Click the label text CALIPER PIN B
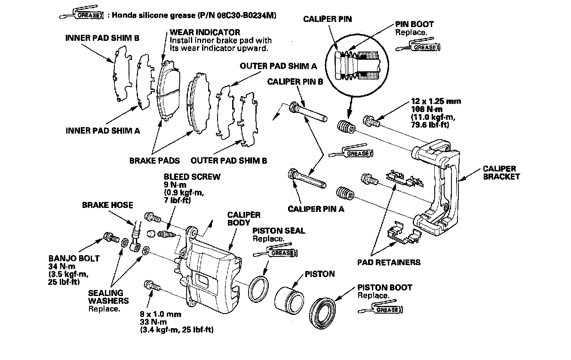pyautogui.click(x=295, y=82)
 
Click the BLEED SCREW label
pyautogui.click(x=192, y=177)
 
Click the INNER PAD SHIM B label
pyautogui.click(x=102, y=38)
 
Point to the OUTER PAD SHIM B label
pyautogui.click(x=229, y=161)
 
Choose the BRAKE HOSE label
pyautogui.click(x=107, y=205)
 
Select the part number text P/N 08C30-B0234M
pyautogui.click(x=236, y=15)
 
